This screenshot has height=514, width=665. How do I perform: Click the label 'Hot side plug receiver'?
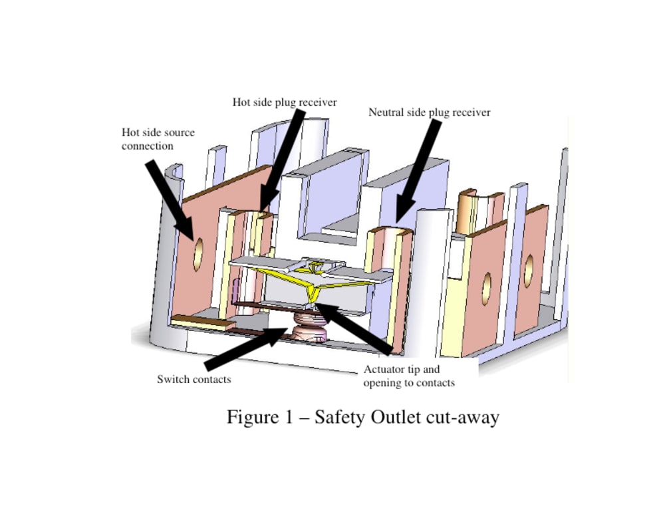[285, 102]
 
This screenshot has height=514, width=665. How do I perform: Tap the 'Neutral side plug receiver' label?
[429, 112]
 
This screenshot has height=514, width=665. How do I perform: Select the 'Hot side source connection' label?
[158, 139]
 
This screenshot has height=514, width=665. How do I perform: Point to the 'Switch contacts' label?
[194, 379]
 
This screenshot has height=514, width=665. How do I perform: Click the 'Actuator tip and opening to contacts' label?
[408, 376]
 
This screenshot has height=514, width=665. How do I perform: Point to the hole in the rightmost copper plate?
[529, 271]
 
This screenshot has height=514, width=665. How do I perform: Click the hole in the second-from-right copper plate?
[486, 285]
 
